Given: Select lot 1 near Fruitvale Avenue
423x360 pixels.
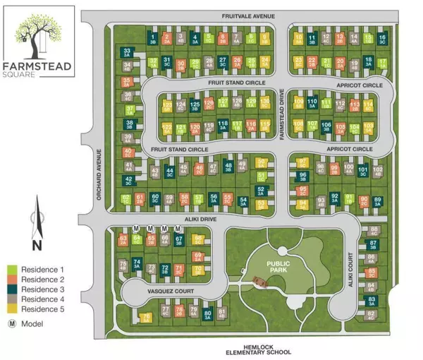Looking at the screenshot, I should pos(154,39).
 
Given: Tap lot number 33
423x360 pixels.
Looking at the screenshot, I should pos(128,52).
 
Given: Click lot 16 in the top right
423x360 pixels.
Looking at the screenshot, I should pos(382,39).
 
